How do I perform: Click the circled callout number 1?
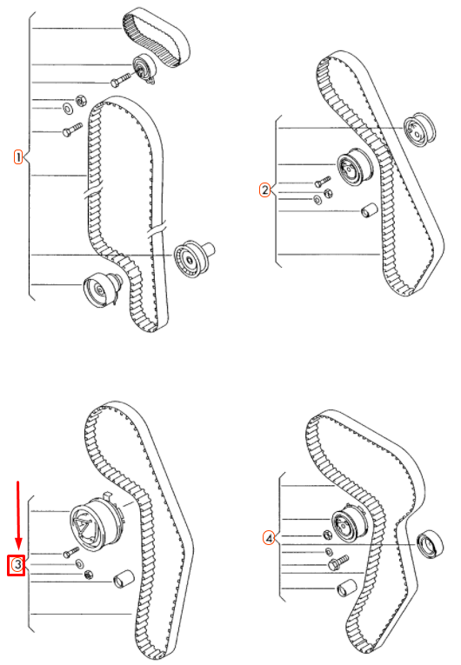tap(17, 156)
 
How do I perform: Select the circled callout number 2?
tap(265, 190)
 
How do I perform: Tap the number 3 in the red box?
tap(17, 565)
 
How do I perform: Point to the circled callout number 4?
tap(271, 539)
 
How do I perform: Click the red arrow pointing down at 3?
tap(17, 513)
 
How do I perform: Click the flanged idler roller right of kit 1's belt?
tap(192, 258)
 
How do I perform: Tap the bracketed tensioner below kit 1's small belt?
tap(140, 70)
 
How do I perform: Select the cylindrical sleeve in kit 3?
tap(121, 578)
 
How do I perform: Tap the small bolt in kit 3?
tap(70, 552)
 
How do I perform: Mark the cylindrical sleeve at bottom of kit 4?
tap(345, 588)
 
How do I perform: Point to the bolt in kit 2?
tap(323, 183)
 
